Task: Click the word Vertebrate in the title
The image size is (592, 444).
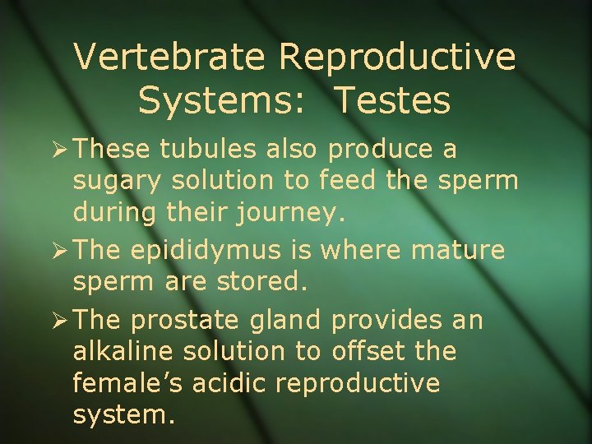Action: coord(170,58)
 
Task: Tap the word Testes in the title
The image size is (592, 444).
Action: coord(393,100)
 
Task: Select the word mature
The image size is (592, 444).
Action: coord(460,250)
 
